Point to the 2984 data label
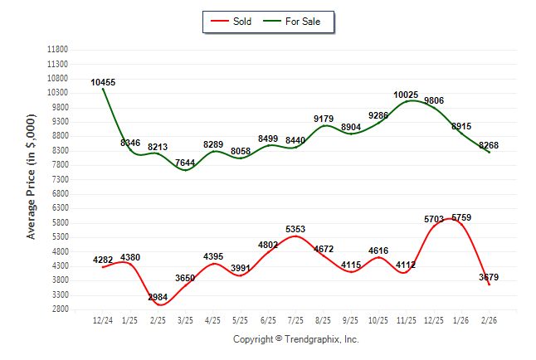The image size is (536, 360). click(158, 297)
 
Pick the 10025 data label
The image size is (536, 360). click(406, 95)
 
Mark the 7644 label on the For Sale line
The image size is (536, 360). click(185, 163)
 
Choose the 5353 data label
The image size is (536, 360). click(295, 229)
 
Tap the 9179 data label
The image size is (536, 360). click(324, 119)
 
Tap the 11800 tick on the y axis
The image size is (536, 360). click(57, 50)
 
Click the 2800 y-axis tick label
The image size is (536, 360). click(60, 309)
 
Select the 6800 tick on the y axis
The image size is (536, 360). click(60, 194)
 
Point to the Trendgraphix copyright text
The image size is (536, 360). click(295, 339)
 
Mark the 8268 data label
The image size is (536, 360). click(490, 145)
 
